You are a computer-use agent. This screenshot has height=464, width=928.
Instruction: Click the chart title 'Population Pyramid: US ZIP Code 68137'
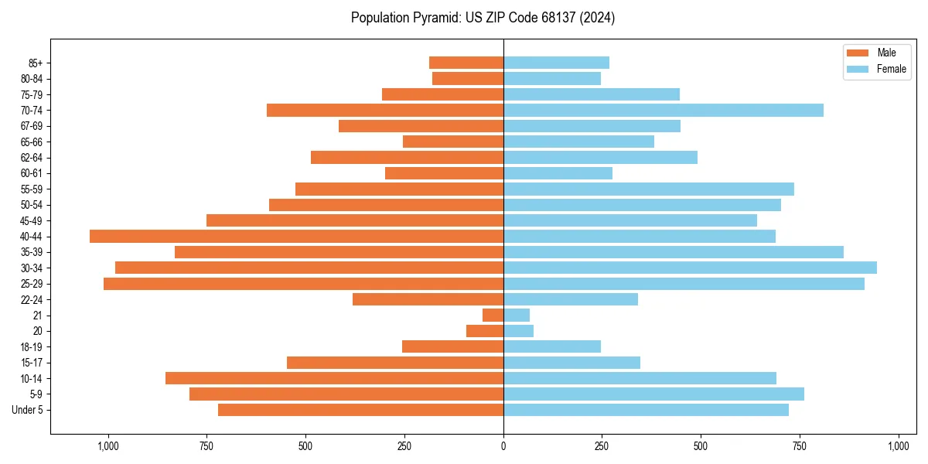pos(483,18)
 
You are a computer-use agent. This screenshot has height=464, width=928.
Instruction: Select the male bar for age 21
pos(493,315)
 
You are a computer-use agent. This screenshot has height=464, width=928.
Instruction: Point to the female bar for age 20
pos(518,331)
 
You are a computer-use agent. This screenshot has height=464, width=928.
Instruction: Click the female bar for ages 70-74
pos(663,110)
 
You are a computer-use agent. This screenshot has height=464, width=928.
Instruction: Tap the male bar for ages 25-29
pos(303,284)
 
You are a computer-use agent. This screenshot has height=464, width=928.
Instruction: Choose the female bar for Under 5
pos(646,410)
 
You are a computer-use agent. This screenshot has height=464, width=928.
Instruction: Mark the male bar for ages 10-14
pos(334,378)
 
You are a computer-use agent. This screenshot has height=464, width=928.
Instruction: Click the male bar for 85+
pos(466,63)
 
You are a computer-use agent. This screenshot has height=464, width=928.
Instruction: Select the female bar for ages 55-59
pos(648,189)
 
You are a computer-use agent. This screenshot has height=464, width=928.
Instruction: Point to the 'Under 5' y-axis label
pos(27,410)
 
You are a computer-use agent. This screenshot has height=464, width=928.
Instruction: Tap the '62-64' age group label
pos(31,157)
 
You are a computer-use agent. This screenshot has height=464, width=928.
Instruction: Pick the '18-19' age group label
pos(31,346)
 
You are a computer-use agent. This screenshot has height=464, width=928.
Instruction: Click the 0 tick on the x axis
pos(503,446)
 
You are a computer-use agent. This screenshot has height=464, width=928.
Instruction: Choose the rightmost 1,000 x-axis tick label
pos(899,446)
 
